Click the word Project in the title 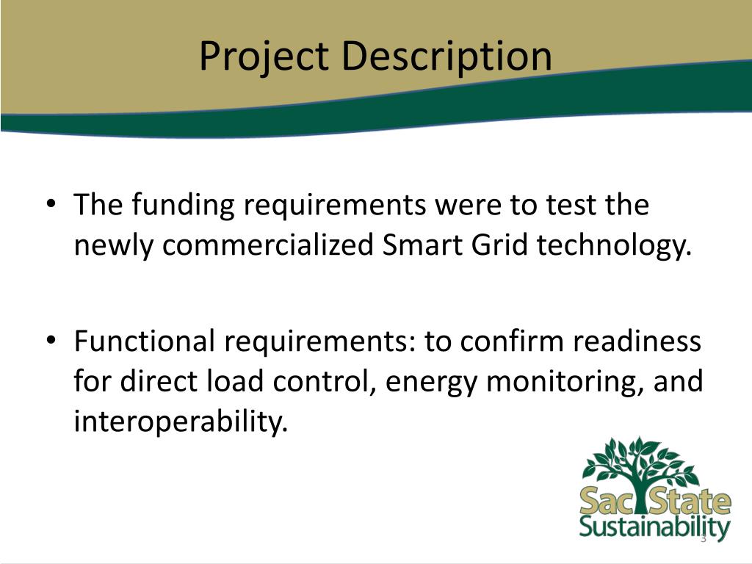click(x=263, y=57)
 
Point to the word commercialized click(x=270, y=245)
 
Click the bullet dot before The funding click(x=50, y=206)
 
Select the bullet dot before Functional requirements click(x=50, y=342)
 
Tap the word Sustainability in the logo click(x=654, y=528)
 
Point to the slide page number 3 click(x=703, y=540)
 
